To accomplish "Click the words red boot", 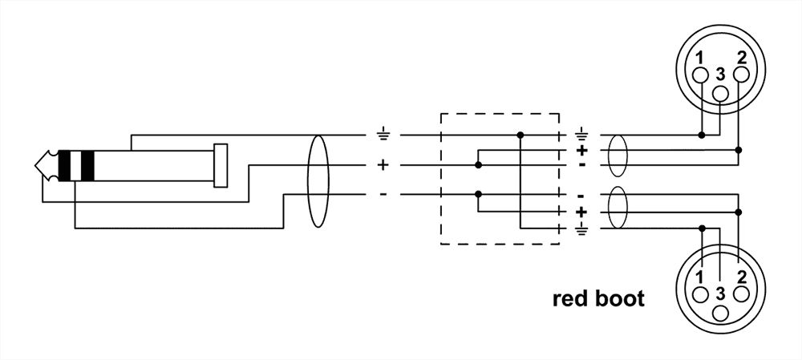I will tap(598, 300).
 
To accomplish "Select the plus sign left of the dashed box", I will tap(383, 165).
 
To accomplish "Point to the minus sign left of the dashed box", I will tap(383, 194).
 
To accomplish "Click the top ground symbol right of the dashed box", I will tap(581, 134).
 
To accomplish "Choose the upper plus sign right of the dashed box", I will tap(581, 150).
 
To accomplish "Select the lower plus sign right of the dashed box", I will tap(581, 212).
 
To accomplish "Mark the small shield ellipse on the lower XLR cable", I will tap(617, 212).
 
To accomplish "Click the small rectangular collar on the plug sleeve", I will tap(221, 165).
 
